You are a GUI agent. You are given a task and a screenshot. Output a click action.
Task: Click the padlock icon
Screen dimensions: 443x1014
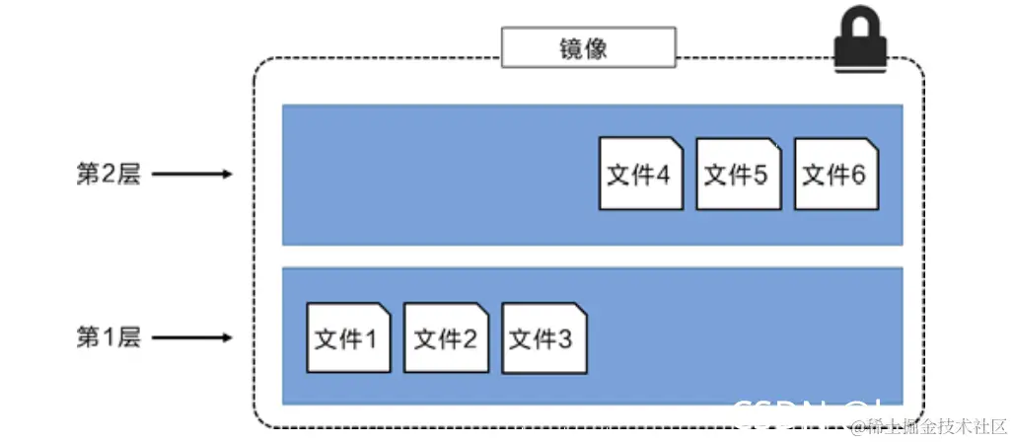(861, 44)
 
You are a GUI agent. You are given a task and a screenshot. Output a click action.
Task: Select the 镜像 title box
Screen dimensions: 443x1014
(589, 47)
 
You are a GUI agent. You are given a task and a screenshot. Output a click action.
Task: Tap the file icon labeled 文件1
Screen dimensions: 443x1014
(347, 337)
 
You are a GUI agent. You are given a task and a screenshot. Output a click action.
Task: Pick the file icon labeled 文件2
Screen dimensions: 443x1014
(446, 337)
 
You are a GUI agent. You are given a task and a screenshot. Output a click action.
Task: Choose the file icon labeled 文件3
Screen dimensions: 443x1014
(544, 337)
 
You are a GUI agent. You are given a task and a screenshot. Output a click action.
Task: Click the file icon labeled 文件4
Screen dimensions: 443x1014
(640, 174)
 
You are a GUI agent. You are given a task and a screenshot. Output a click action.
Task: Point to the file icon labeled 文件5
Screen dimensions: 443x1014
(737, 174)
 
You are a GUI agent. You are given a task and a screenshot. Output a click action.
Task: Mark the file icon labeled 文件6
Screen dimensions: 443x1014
(835, 174)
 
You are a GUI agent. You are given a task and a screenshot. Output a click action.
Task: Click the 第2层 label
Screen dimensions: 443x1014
(109, 175)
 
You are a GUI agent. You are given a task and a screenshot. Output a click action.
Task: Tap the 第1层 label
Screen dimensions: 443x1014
(109, 337)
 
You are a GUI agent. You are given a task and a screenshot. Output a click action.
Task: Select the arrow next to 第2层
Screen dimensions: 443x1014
(192, 175)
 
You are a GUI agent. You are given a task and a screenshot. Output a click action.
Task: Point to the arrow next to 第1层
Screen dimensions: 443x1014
(192, 337)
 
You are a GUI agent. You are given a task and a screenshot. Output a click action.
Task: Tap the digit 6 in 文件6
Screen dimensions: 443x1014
(858, 176)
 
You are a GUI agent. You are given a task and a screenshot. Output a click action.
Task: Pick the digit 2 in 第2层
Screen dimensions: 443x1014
(109, 175)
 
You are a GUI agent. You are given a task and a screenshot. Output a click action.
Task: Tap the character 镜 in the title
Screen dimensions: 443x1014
(574, 47)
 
